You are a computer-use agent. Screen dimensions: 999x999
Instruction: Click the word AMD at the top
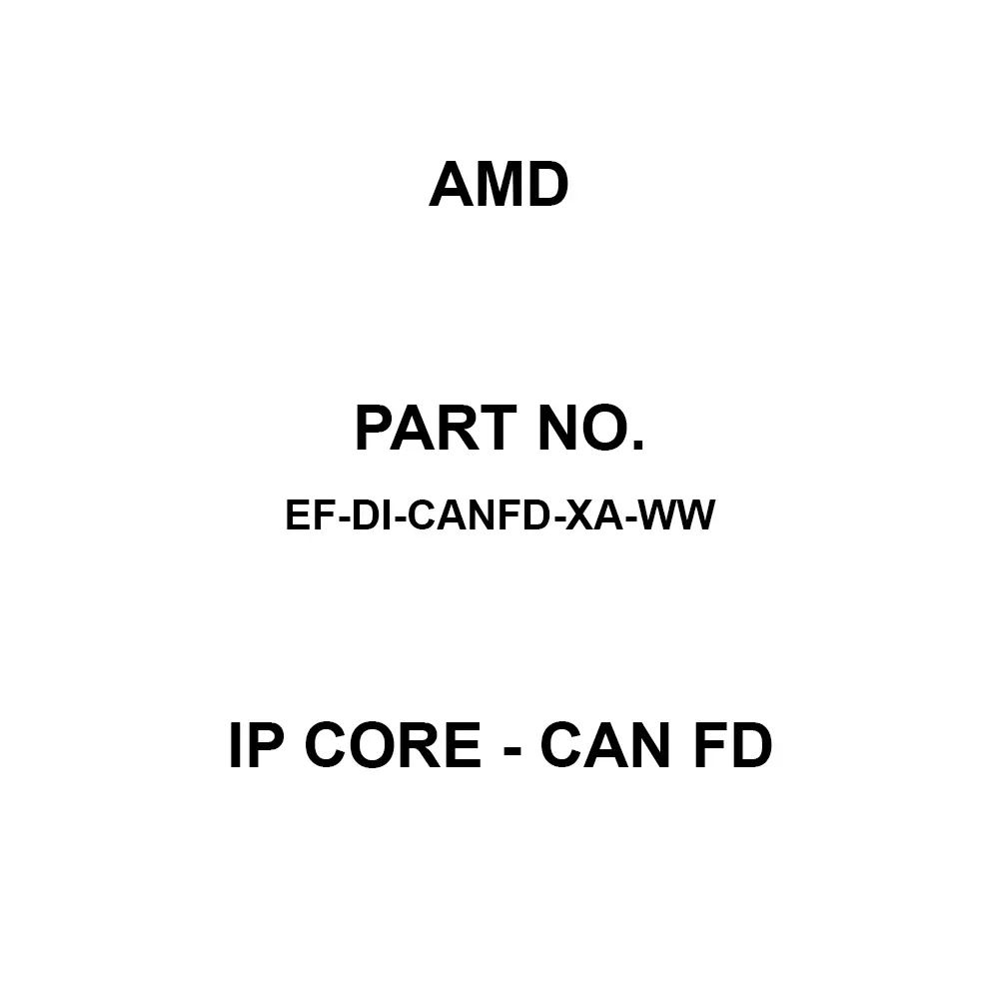tap(499, 186)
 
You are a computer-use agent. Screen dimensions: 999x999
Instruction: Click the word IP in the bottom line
tap(253, 748)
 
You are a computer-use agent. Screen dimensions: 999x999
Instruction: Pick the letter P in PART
tap(374, 431)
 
